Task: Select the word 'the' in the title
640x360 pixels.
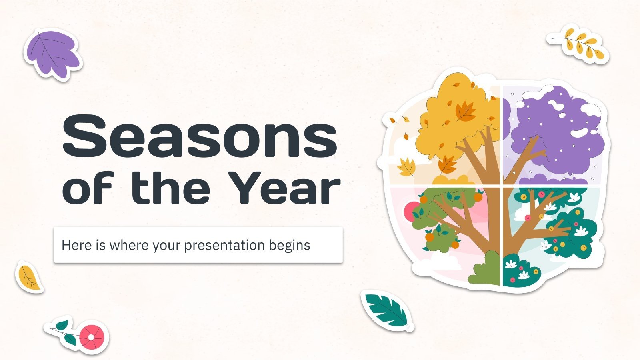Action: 171,188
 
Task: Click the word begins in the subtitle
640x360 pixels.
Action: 289,245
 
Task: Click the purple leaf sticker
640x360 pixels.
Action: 52,54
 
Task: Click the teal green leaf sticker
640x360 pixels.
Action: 386,310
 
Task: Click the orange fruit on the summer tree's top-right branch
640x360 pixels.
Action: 478,197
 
